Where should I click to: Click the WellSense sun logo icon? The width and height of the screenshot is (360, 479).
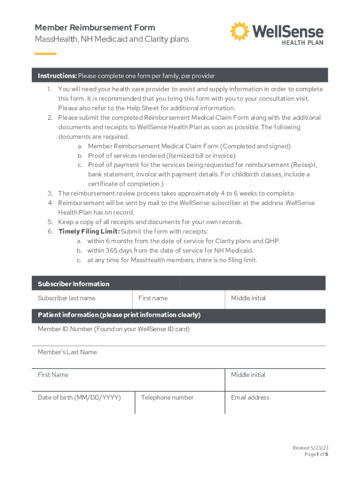click(240, 31)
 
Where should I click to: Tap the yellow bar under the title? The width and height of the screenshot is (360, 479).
click(45, 54)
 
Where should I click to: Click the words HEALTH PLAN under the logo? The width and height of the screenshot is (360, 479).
click(302, 42)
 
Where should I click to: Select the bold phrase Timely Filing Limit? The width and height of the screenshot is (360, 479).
click(89, 232)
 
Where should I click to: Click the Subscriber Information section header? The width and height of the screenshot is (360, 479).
click(73, 284)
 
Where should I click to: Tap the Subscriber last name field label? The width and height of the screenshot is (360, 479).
click(66, 298)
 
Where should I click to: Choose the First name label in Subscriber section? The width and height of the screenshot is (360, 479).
click(153, 298)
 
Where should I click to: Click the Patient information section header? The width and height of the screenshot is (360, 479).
click(119, 315)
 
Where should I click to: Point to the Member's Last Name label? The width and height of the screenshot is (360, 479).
click(67, 352)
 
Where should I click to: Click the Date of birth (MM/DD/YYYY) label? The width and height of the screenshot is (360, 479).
click(79, 398)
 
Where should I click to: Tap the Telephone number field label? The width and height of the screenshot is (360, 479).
click(167, 398)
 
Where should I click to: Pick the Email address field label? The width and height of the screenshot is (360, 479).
click(250, 398)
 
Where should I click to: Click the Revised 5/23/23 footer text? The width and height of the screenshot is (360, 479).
click(307, 448)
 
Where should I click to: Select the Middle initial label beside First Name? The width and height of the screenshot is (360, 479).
click(248, 375)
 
